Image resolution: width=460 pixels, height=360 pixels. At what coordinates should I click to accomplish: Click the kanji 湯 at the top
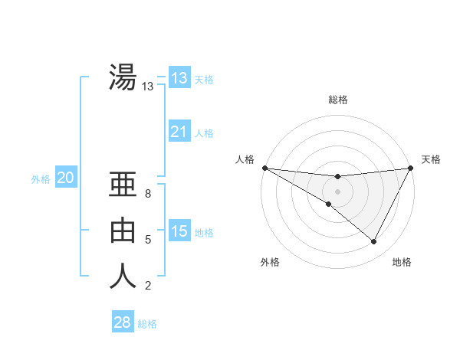pos(123,77)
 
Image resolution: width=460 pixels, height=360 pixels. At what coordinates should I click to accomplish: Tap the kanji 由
pos(123,230)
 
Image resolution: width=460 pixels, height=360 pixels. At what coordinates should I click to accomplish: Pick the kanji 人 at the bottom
pos(123,276)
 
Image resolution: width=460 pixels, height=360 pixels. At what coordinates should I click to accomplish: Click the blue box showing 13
pos(179,78)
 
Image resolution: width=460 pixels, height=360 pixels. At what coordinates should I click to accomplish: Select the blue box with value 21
pos(179,132)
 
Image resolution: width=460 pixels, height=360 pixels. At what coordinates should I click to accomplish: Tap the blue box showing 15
pos(179,231)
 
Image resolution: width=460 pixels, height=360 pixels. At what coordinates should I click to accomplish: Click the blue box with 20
pos(66,178)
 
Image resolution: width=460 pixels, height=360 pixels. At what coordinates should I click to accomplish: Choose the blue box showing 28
pos(122,322)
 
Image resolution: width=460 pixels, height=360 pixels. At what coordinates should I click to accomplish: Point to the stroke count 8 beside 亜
pos(147,194)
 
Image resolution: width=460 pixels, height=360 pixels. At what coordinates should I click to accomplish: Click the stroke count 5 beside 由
pos(147,240)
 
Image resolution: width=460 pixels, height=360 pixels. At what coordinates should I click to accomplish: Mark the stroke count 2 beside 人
pos(147,286)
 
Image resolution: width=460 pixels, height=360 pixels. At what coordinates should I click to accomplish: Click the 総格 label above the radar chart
pos(337,100)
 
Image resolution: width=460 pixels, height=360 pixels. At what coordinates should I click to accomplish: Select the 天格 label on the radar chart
pos(431,159)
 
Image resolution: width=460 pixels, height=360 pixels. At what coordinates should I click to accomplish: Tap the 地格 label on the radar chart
pos(402,262)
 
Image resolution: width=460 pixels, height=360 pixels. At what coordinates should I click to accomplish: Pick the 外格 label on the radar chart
pos(270,262)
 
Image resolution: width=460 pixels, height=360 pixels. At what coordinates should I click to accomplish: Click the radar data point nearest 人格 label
pos(264,168)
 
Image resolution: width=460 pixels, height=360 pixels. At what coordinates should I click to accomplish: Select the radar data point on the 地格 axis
pos(373,241)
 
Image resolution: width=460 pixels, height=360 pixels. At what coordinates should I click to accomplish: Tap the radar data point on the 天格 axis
pos(411,168)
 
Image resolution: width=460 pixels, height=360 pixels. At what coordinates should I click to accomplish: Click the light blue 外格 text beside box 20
pos(41,179)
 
